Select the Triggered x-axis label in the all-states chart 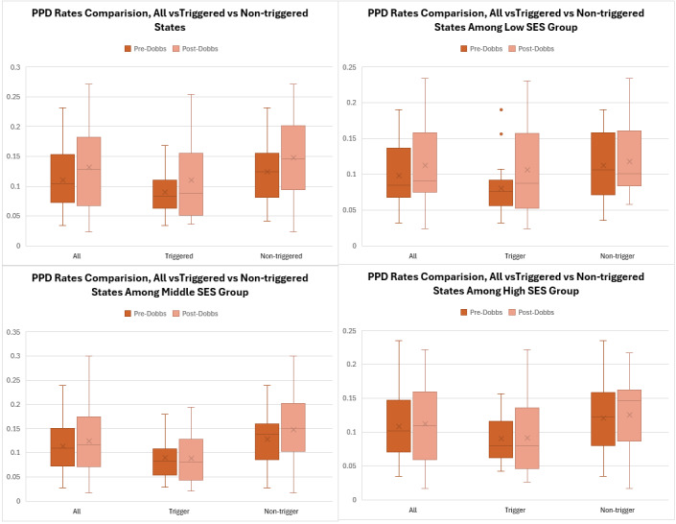pos(169,256)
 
